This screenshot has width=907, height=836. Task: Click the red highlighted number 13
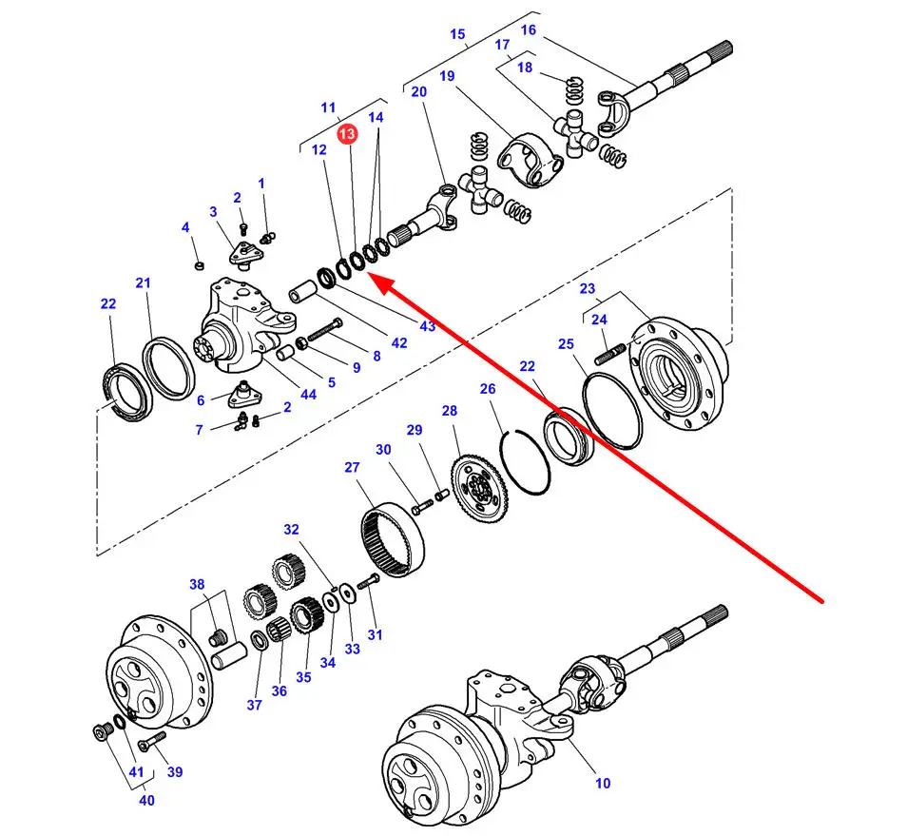[x=348, y=134]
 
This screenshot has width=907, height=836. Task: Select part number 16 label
[x=528, y=29]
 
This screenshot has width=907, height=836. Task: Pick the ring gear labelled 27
[x=393, y=538]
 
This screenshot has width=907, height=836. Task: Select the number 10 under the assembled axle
[x=603, y=783]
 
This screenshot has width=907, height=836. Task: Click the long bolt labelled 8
[x=324, y=331]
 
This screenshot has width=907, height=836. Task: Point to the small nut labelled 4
[x=199, y=265]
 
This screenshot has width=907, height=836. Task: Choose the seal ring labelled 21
[x=169, y=368]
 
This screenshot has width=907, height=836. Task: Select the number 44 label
[x=308, y=395]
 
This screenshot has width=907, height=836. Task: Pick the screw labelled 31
[x=368, y=581]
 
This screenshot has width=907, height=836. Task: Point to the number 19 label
[x=447, y=76]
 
